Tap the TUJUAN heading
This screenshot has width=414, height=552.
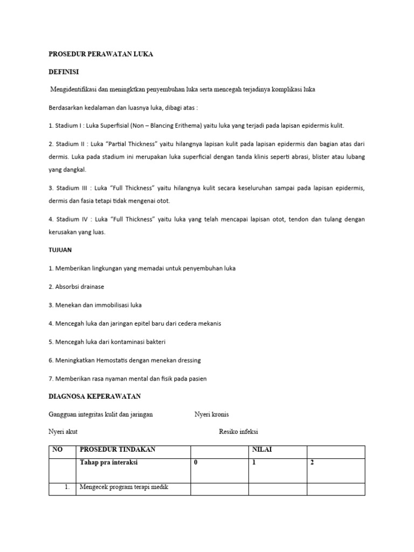tap(61, 251)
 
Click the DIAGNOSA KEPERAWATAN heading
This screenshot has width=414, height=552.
tap(94, 396)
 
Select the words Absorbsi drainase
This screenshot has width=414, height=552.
tap(78, 287)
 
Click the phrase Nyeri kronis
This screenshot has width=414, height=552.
tap(211, 415)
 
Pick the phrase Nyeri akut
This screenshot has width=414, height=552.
tap(63, 432)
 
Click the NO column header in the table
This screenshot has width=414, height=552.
tap(57, 450)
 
